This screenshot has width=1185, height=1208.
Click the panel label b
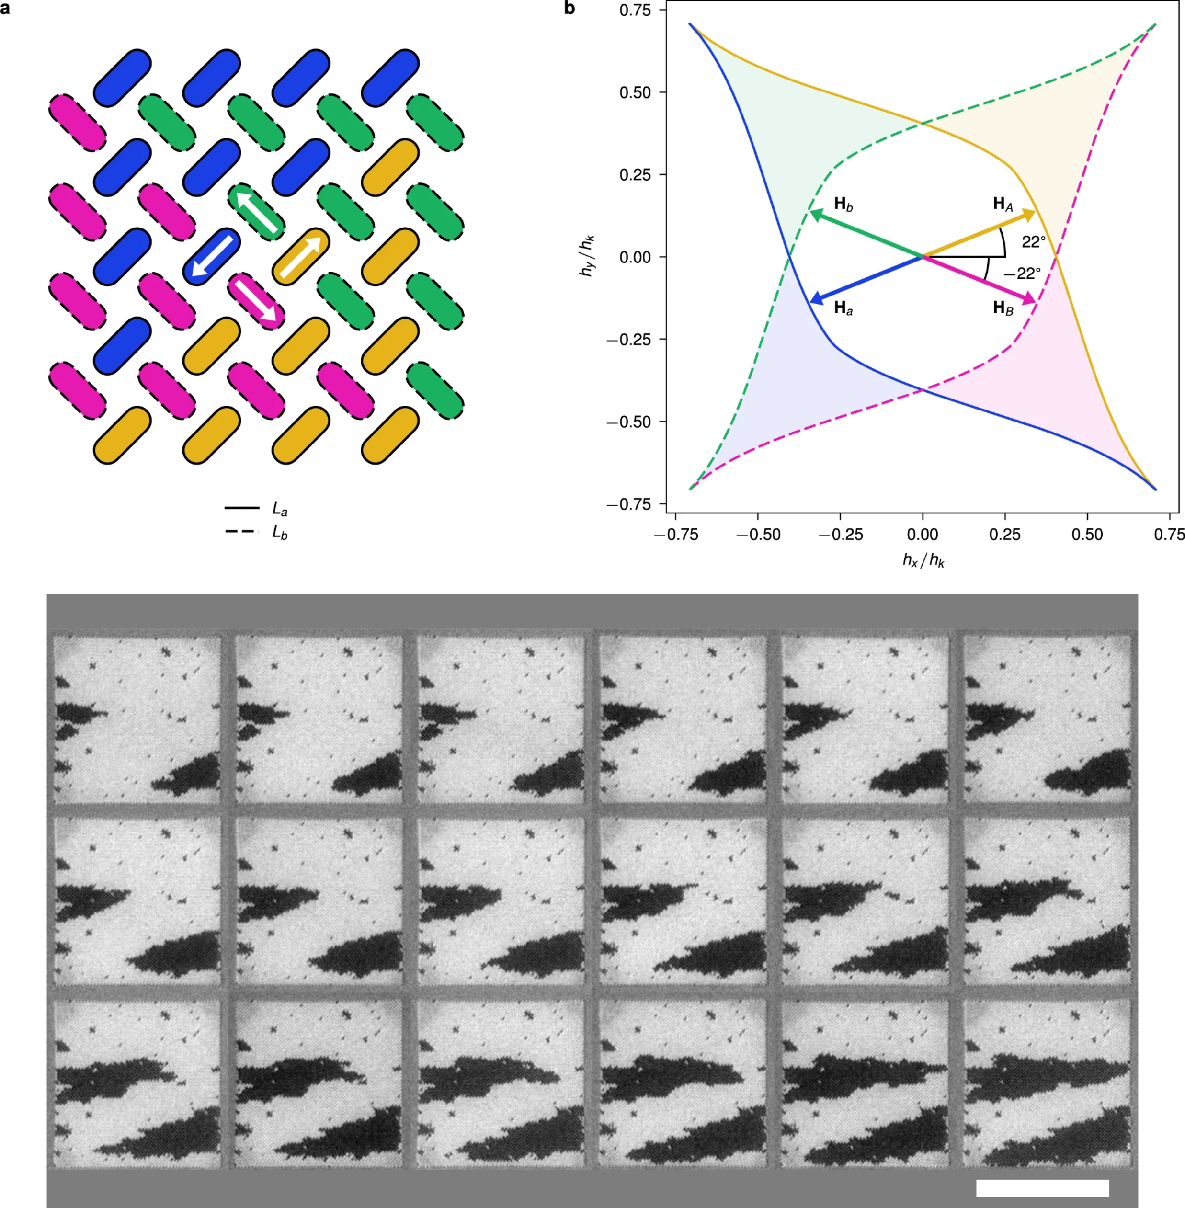[570, 9]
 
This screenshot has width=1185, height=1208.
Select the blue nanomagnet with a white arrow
[212, 256]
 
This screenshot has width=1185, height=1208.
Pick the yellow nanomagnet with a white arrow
[301, 256]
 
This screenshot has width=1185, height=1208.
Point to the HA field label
[1003, 204]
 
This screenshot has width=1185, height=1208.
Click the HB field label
[1003, 308]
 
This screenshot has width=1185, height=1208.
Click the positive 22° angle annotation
[1033, 242]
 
